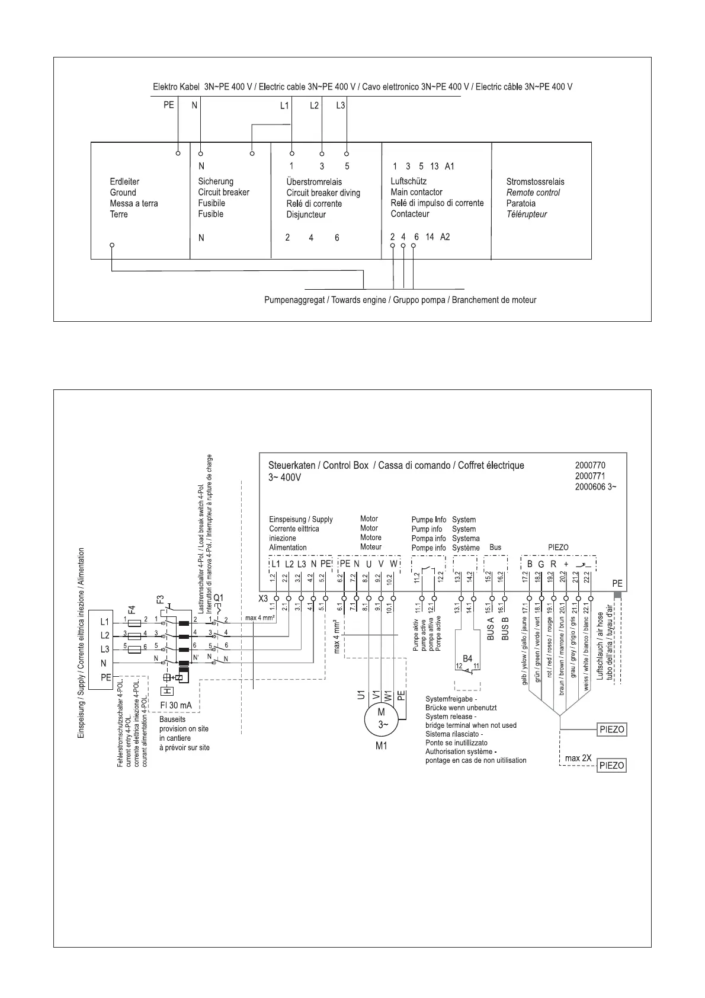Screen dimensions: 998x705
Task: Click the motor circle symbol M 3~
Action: click(382, 718)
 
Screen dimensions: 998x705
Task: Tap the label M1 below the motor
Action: click(382, 746)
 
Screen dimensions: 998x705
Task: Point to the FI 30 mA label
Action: click(176, 705)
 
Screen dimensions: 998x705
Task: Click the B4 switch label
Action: click(467, 658)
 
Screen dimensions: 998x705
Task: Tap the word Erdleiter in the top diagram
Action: click(124, 181)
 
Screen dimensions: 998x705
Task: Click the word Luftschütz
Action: click(408, 181)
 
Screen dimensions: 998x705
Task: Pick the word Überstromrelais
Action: click(314, 182)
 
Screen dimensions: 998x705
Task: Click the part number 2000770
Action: click(590, 466)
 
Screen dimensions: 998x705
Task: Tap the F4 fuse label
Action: click(132, 609)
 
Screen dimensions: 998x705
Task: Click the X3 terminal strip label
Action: click(264, 599)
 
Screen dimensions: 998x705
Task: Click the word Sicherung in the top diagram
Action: click(216, 181)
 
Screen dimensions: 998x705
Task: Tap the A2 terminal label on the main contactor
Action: click(445, 237)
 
